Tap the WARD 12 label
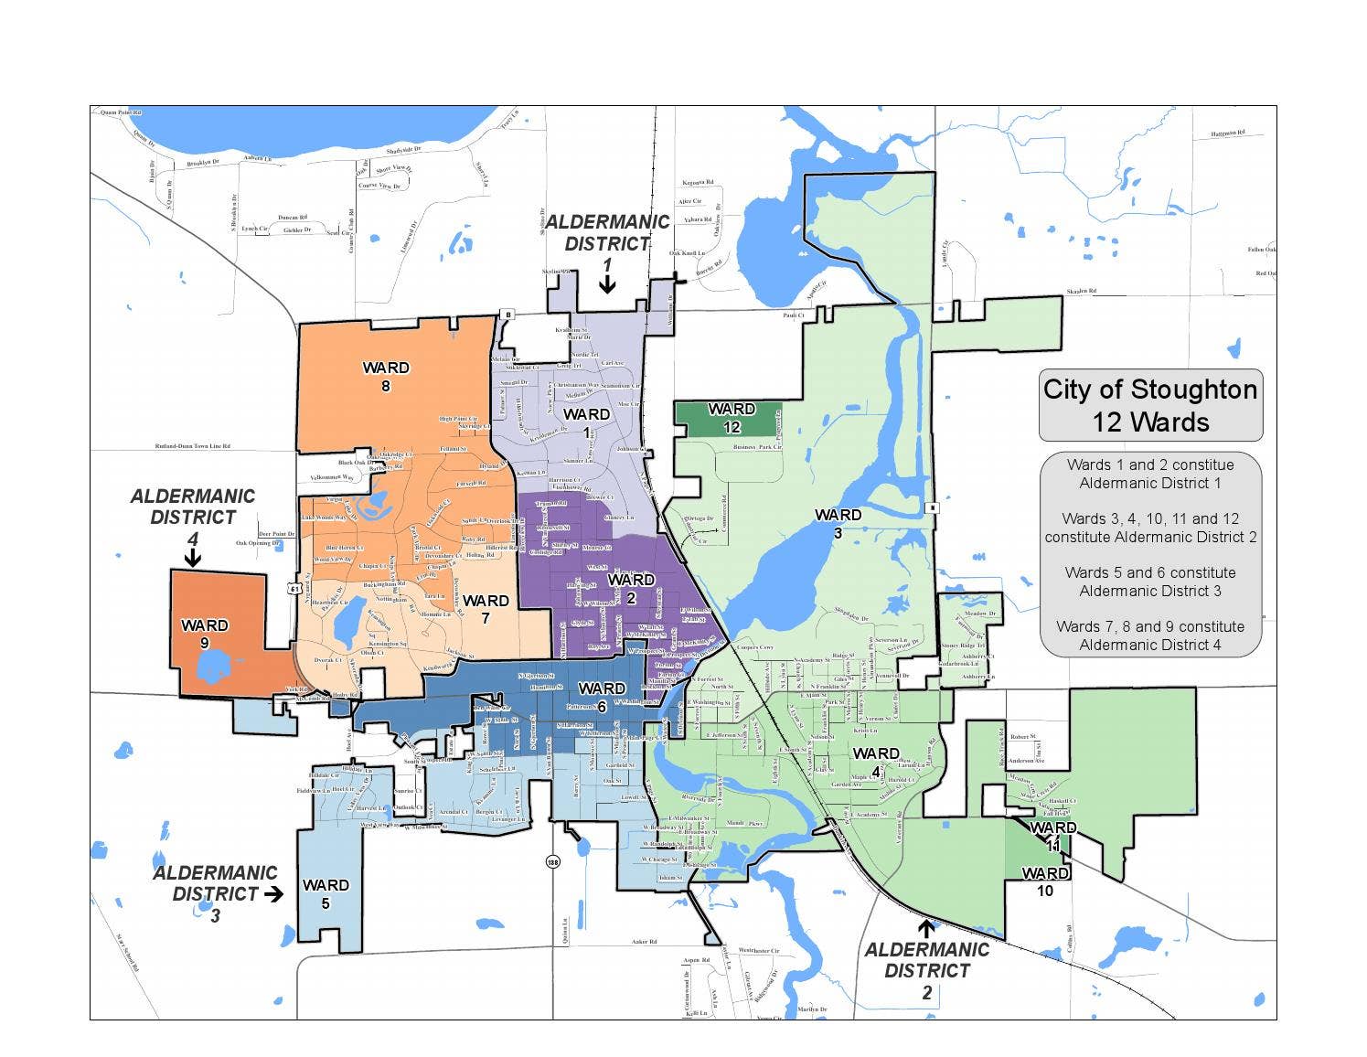point(732,418)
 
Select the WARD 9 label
point(205,634)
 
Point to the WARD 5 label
point(326,893)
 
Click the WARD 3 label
point(838,524)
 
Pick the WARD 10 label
point(1044,882)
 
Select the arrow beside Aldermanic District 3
point(272,894)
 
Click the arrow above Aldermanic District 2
point(925,929)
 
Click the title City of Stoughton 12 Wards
point(1150,405)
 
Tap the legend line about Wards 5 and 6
point(1150,582)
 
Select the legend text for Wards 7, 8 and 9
point(1150,635)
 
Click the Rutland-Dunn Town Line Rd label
point(192,446)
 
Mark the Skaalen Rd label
point(1081,291)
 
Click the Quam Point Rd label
point(121,112)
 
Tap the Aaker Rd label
point(645,941)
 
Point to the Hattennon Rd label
point(1227,133)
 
